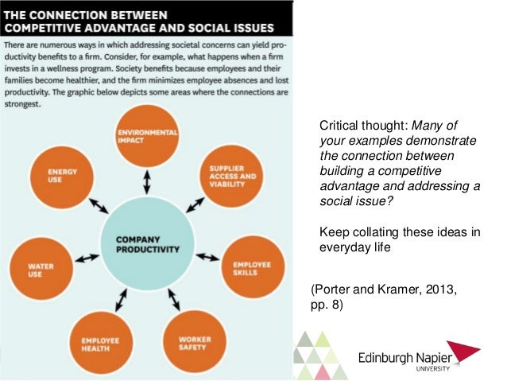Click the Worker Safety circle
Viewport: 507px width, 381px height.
pyautogui.click(x=191, y=343)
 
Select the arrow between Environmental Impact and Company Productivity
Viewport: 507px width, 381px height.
pyautogui.click(x=146, y=181)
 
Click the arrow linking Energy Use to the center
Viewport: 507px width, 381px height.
pyautogui.click(x=98, y=206)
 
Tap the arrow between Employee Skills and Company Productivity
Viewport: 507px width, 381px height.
pyautogui.click(x=208, y=256)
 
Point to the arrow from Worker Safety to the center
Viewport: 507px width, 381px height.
pyautogui.click(x=172, y=300)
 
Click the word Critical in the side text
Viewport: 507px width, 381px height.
pyautogui.click(x=339, y=126)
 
